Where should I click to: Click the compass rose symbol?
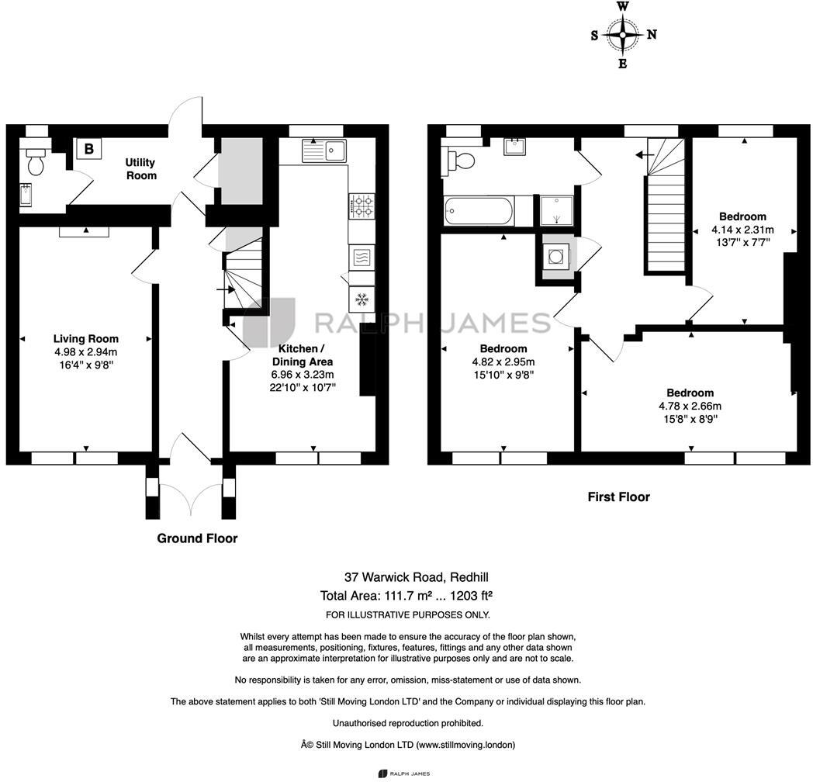623,34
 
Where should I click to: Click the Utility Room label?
140,168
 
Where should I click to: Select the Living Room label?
85,338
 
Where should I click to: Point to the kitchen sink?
325,149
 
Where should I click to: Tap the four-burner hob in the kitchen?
362,205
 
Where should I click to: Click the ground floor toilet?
36,161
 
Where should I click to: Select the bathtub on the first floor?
478,209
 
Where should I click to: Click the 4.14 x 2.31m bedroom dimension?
742,230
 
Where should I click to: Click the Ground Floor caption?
197,538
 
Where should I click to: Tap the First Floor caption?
618,497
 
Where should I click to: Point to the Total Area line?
406,597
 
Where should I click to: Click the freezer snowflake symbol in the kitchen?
362,298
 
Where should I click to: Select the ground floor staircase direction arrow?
225,289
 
